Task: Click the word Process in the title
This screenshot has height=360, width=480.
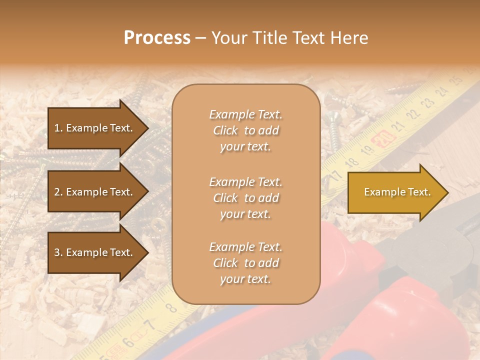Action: pos(157,38)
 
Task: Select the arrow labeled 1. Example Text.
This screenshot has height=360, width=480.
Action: pos(95,128)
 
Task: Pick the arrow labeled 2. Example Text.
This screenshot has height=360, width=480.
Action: pos(95,192)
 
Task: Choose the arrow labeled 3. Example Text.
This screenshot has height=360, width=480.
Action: pos(95,252)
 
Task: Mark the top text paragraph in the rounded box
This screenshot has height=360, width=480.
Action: pos(245,130)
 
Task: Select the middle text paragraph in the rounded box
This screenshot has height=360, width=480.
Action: pos(245,198)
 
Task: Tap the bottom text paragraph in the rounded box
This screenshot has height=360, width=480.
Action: pos(245,263)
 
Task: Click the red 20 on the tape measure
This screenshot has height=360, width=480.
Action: pos(383,137)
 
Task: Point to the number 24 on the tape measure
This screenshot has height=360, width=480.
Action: pos(441,91)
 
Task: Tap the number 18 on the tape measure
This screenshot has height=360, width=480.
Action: pos(352,161)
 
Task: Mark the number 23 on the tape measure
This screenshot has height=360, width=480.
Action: pos(427,103)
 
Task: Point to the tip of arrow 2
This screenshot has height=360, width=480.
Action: pos(148,192)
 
